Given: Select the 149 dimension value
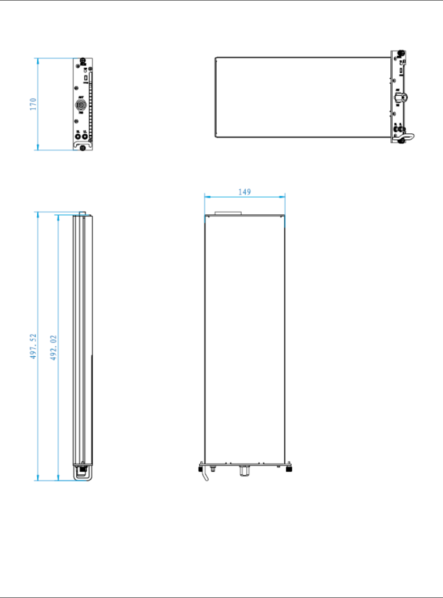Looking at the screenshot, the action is click(x=244, y=192).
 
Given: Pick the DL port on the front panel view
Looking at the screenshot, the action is click(x=78, y=136).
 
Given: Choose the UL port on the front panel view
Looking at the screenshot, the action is click(x=85, y=136).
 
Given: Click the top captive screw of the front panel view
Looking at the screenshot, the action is click(x=83, y=61).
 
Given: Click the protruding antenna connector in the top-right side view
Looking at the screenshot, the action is click(x=401, y=97).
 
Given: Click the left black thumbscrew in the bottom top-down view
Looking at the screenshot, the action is click(x=200, y=468).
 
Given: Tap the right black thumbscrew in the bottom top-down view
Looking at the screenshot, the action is click(x=289, y=468).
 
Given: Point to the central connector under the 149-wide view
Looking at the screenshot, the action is click(x=243, y=471).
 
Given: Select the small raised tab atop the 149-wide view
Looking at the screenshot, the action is click(x=228, y=213).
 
